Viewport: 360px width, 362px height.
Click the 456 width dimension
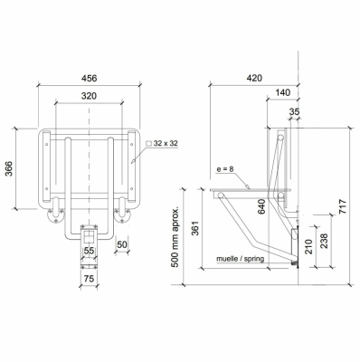point(90,78)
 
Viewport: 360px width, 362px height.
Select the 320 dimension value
point(89,96)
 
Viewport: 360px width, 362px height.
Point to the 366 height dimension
point(9,168)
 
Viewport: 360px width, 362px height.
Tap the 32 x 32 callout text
point(166,143)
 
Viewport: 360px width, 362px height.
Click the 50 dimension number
point(122,244)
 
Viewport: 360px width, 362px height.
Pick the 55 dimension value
point(89,251)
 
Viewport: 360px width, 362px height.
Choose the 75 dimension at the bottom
point(89,279)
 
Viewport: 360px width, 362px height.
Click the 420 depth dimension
point(254,78)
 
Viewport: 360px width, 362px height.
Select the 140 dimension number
point(282,92)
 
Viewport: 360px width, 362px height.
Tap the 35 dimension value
point(294,111)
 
